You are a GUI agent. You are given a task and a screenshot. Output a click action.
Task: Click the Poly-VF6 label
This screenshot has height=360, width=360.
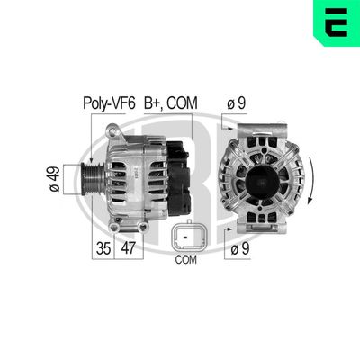click(x=110, y=103)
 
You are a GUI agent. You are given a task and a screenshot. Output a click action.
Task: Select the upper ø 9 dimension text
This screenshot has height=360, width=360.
click(x=237, y=103)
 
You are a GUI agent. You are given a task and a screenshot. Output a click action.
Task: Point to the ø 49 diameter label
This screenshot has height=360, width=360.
click(x=52, y=177)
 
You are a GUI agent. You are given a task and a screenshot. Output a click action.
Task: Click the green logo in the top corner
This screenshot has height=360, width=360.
click(x=338, y=22)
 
